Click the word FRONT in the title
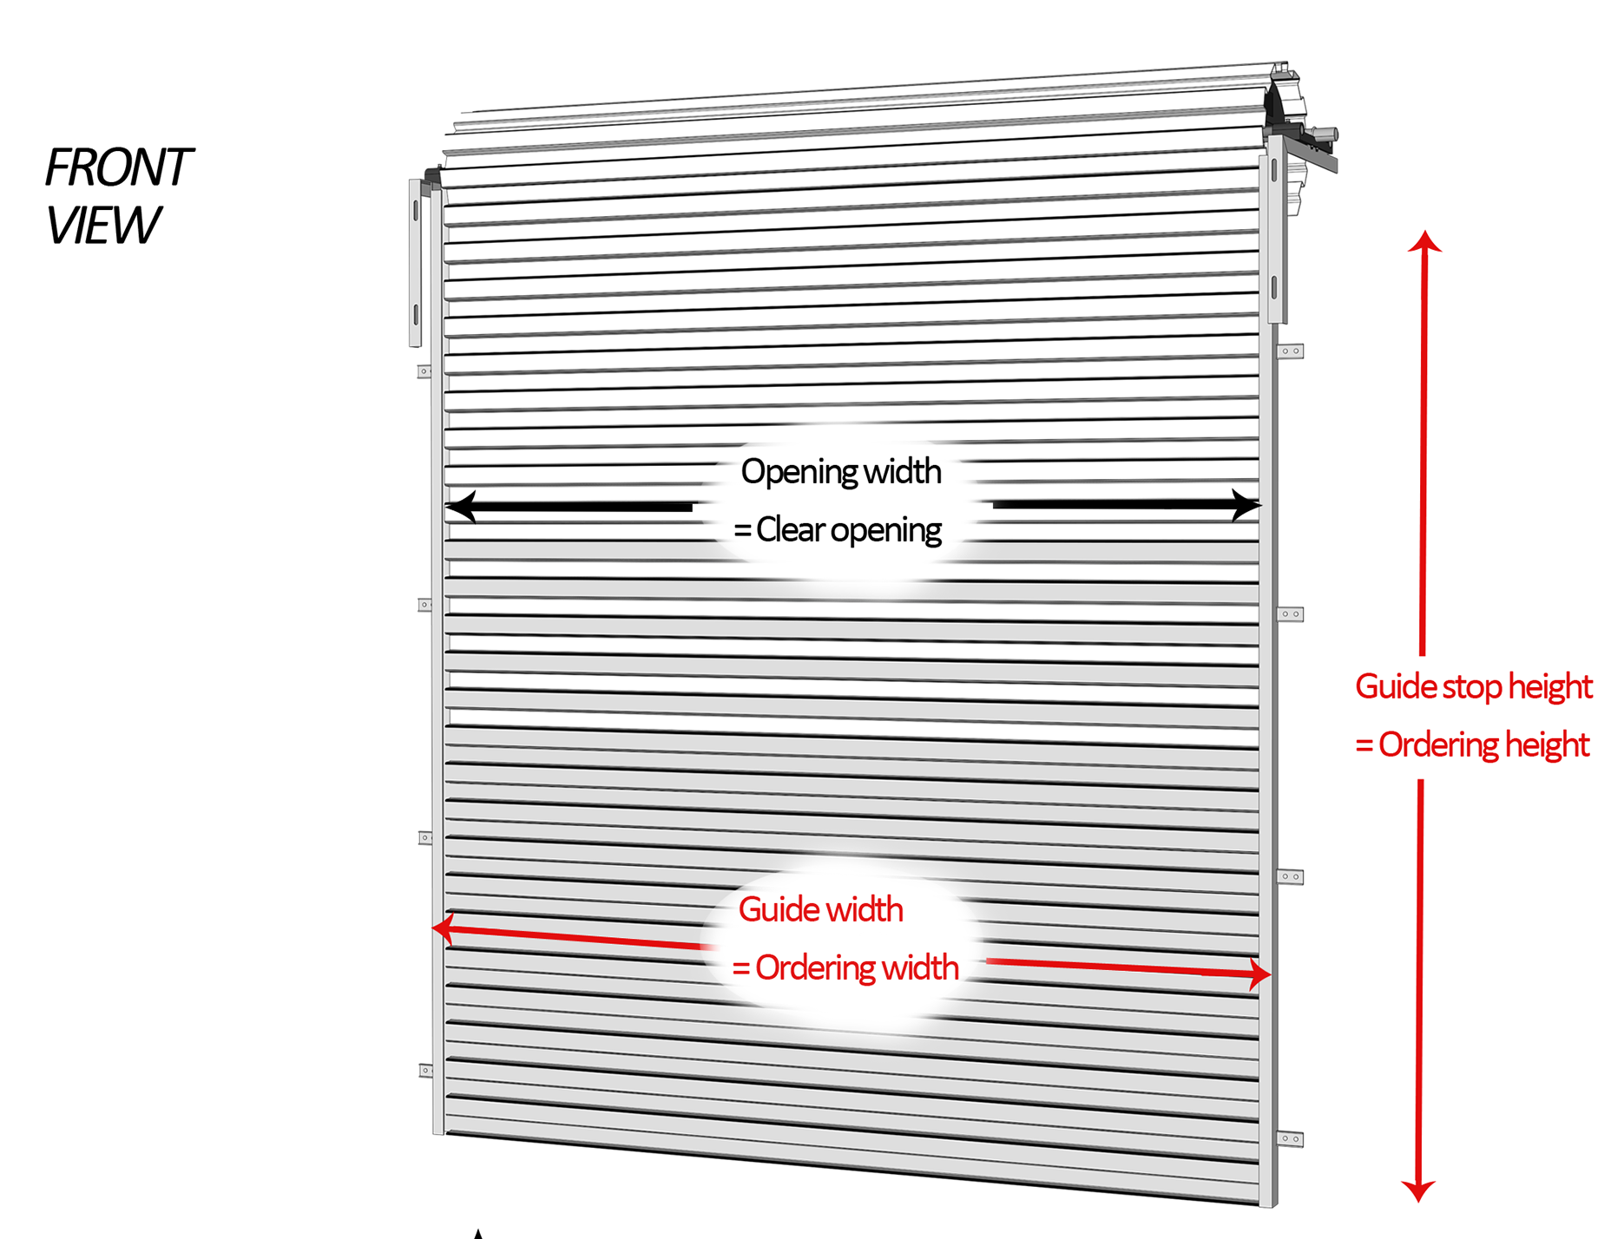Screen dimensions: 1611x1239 118,167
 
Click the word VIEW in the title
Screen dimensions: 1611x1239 102,225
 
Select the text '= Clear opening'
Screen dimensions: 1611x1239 838,530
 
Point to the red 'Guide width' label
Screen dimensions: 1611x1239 820,909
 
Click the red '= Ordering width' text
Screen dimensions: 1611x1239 845,968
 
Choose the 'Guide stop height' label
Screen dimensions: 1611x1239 1474,687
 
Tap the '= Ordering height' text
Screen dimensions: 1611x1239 1472,745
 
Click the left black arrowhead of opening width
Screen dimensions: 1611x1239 461,506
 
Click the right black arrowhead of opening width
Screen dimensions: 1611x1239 1246,504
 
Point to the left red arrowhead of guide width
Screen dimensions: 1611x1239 444,928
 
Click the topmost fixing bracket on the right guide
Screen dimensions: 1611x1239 1290,351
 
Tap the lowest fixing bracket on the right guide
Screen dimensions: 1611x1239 1290,1138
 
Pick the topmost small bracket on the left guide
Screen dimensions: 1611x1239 424,371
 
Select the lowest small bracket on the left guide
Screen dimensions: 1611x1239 425,1071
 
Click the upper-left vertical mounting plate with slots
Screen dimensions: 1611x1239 416,263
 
